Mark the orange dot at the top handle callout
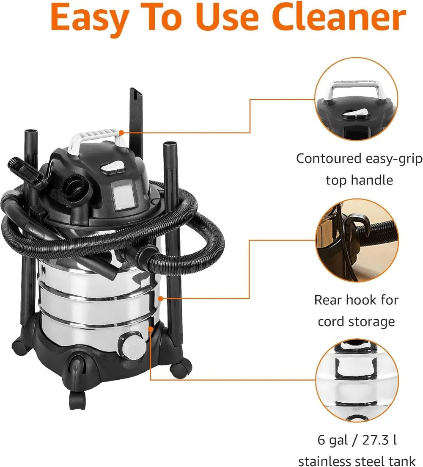121,133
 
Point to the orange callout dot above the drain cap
150,327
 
